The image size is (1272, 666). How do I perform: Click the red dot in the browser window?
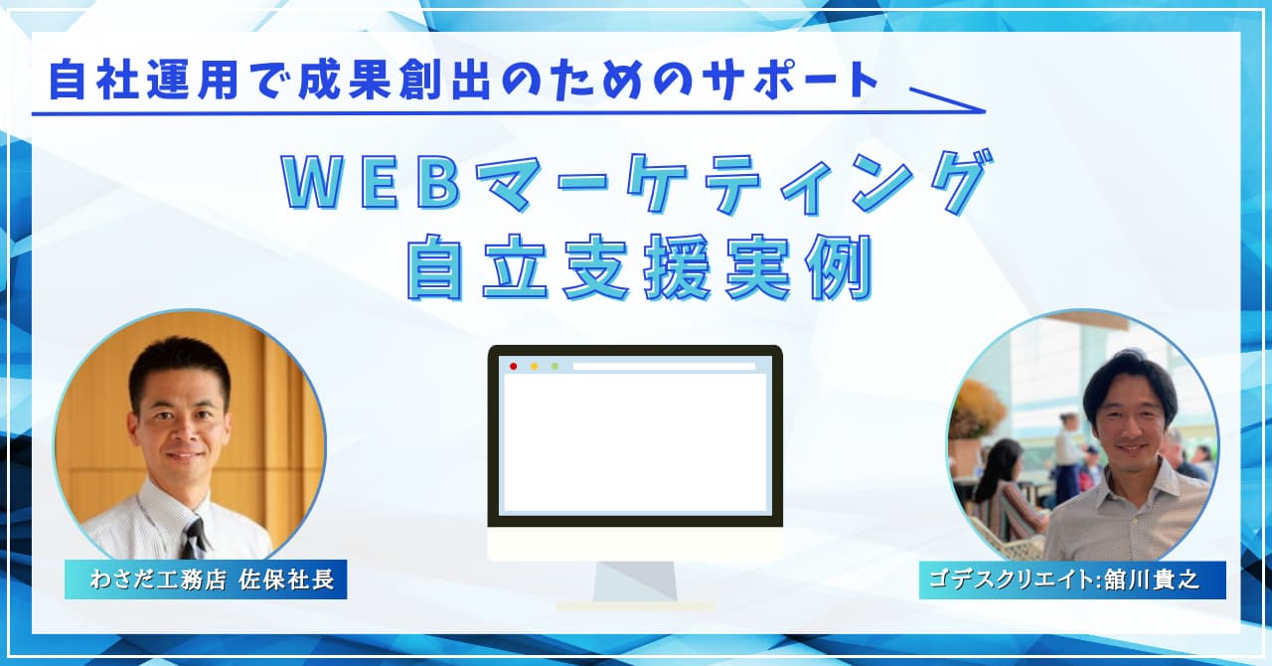pos(514,367)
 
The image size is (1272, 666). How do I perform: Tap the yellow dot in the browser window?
pos(535,367)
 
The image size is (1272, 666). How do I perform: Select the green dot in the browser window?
pos(555,367)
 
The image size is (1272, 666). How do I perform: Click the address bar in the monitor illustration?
pos(664,367)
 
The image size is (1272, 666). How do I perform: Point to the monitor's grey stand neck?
pos(635,581)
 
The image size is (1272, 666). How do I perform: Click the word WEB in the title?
pos(371,184)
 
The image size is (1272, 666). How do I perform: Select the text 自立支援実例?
pos(640,267)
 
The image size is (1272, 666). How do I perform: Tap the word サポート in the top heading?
pos(790,81)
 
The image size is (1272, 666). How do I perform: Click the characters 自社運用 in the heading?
pos(144,81)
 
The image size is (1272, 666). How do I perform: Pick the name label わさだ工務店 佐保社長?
pos(206,580)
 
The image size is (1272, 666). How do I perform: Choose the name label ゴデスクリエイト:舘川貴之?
pos(1072,580)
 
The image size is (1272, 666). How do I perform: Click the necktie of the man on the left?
pos(195,538)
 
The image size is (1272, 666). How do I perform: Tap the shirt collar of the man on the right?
pos(1130,490)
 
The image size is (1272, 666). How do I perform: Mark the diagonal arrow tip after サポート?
pos(984,110)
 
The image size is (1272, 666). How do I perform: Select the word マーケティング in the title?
pos(729,183)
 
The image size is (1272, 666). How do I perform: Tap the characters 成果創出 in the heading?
pos(395,81)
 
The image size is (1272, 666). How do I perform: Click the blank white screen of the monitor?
pos(635,443)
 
